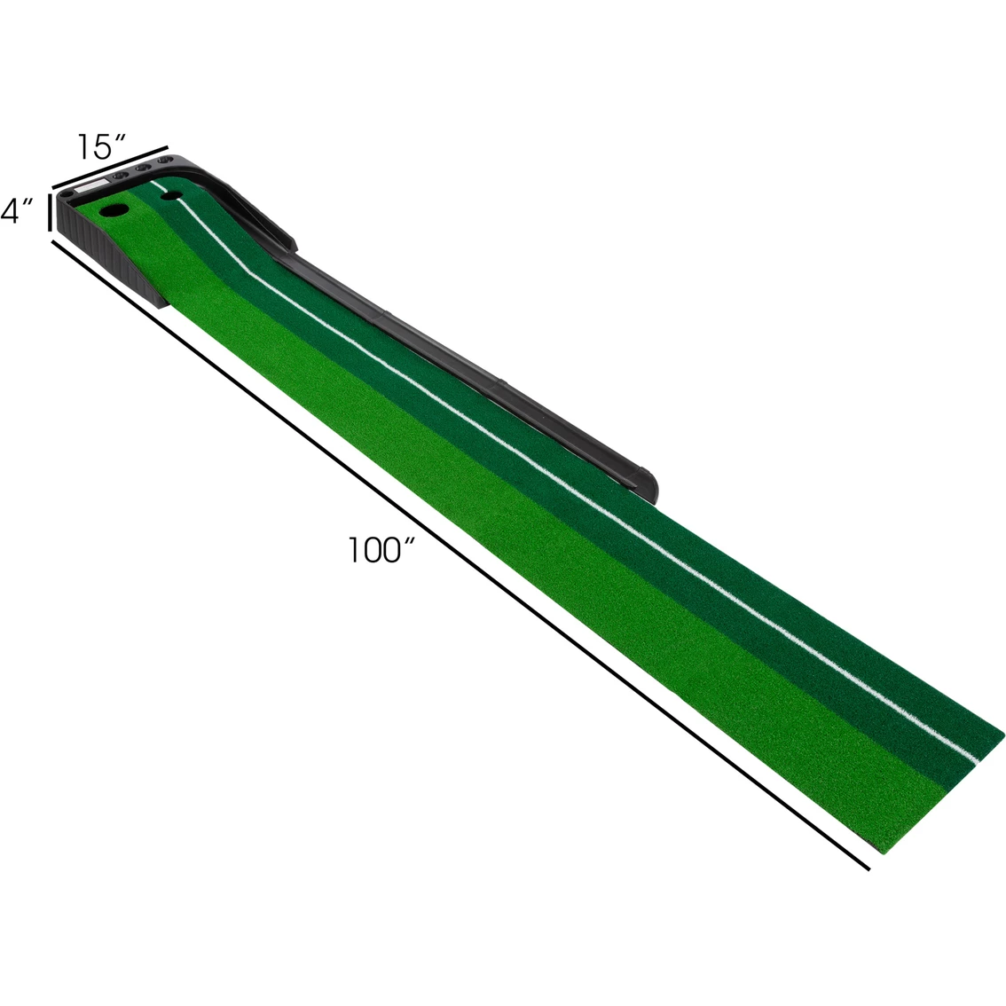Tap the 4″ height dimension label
(x=17, y=210)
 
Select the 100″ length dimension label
(x=382, y=549)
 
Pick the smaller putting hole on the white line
(x=170, y=194)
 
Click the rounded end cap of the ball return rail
(x=646, y=483)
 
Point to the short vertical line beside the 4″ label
(x=50, y=211)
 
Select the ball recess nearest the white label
(x=119, y=174)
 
